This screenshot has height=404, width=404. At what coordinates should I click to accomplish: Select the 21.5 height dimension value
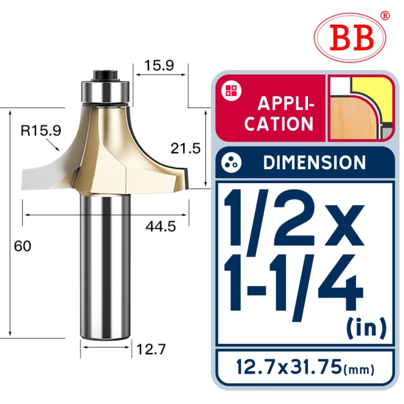(x=186, y=149)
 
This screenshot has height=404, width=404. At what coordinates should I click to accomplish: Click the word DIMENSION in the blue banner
(x=314, y=162)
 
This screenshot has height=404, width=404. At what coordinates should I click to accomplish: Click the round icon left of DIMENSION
(x=232, y=162)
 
